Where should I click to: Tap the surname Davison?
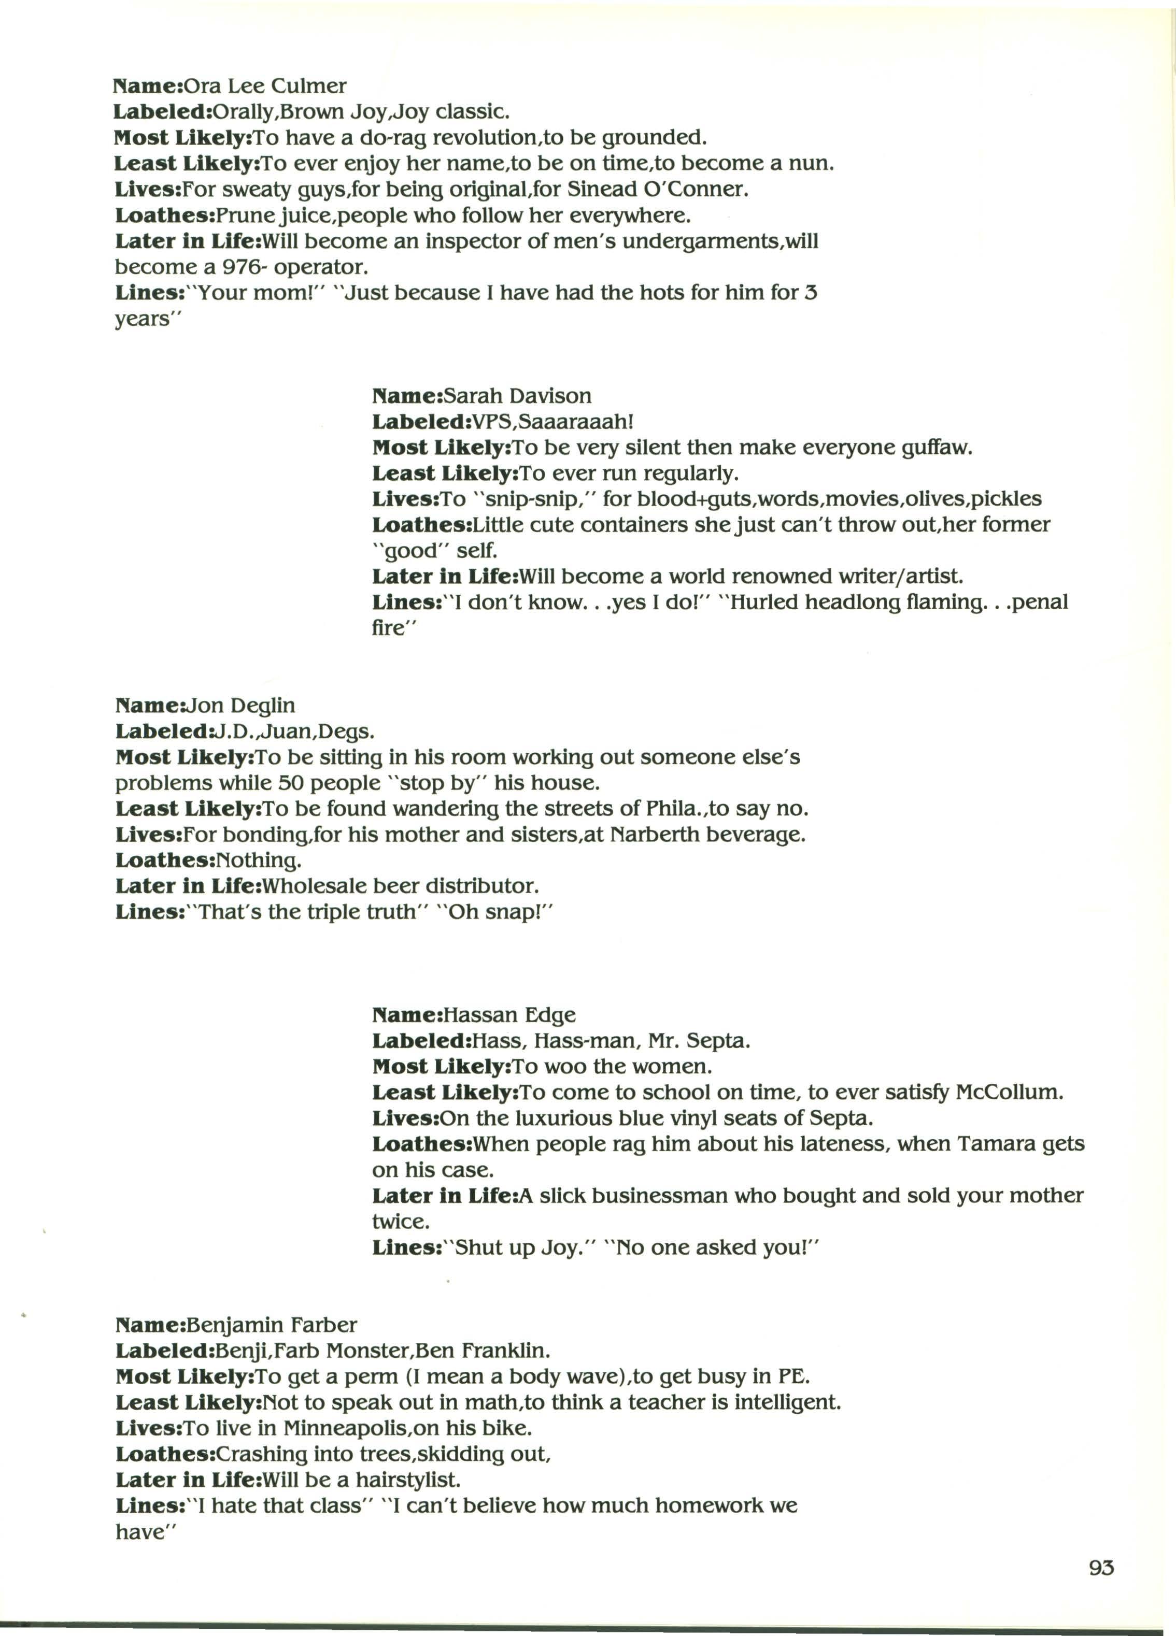(x=550, y=396)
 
